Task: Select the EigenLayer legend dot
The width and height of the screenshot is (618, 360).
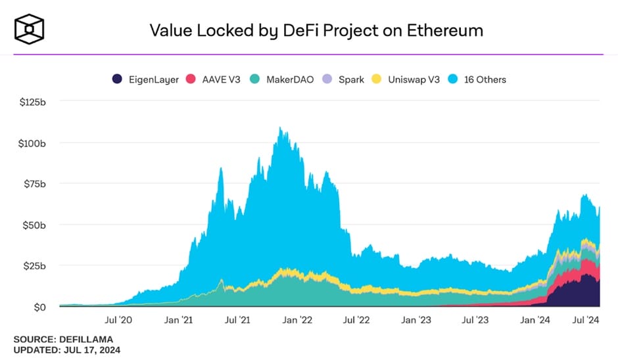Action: point(117,79)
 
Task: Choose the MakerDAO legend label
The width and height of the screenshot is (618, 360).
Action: point(290,79)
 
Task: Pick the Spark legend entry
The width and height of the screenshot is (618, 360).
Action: point(351,79)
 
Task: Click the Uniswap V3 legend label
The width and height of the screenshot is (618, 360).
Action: point(416,79)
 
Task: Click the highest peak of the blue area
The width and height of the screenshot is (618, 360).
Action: point(281,127)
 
